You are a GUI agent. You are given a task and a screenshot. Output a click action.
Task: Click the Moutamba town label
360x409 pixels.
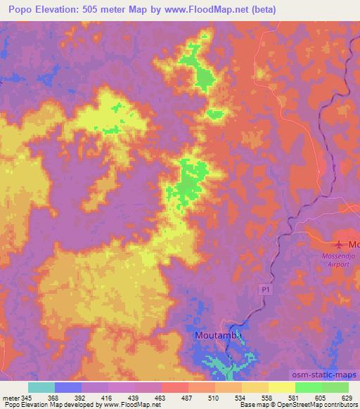[x=218, y=336]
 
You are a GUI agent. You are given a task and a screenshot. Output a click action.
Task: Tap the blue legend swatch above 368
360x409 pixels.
[x=68, y=387]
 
